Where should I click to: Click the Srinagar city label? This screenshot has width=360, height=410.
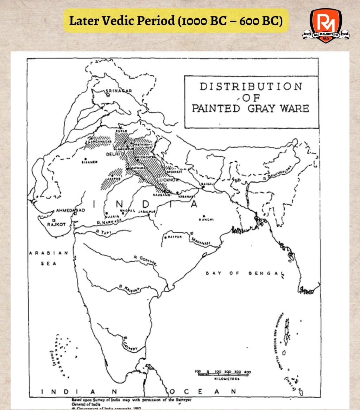coord(119,91)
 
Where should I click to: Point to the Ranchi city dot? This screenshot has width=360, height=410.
coord(204,216)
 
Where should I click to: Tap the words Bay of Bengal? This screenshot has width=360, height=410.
coord(245,273)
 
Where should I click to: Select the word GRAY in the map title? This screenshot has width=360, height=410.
coord(259,108)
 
